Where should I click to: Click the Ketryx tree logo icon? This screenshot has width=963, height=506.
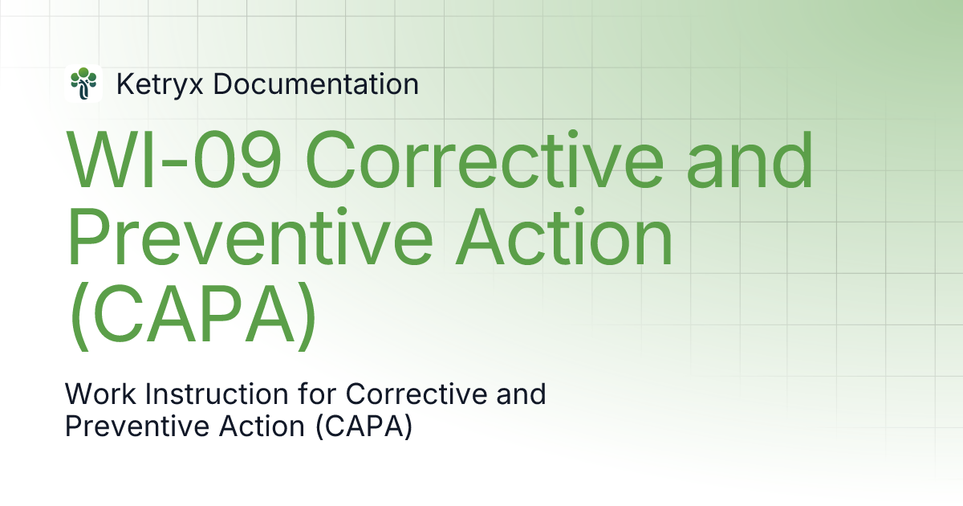(x=83, y=84)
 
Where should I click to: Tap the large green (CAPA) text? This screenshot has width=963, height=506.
(x=191, y=320)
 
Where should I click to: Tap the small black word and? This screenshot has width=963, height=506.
(x=522, y=394)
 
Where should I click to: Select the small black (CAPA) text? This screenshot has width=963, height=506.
(x=363, y=426)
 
